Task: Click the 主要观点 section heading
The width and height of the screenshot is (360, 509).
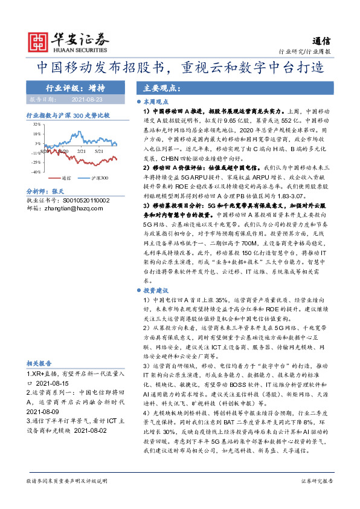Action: pos(158,87)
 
